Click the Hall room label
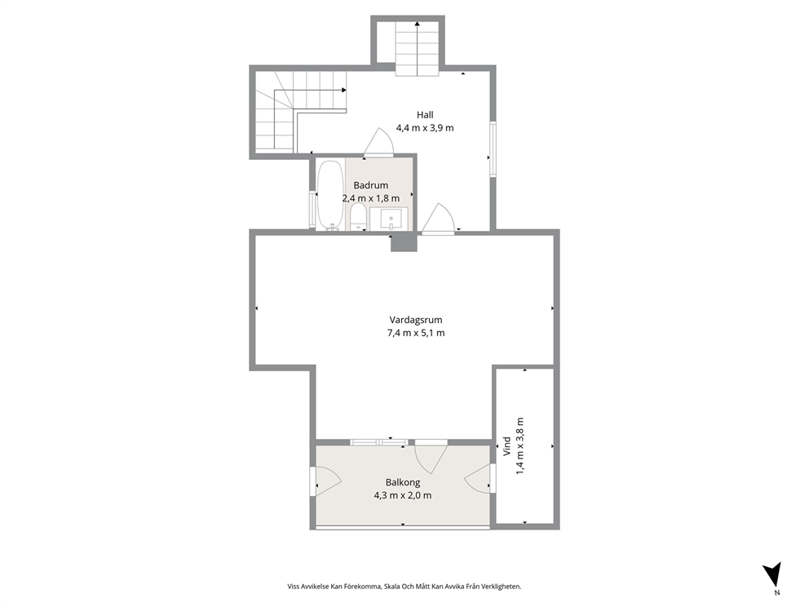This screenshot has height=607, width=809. [425, 115]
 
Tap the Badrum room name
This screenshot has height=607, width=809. [370, 185]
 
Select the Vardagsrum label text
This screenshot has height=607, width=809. [416, 320]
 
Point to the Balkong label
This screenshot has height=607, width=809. [403, 483]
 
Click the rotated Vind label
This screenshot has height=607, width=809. [507, 447]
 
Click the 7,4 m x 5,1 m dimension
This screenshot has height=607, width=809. [416, 333]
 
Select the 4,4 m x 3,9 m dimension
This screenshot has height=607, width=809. [425, 128]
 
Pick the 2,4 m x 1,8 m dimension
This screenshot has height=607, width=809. [371, 198]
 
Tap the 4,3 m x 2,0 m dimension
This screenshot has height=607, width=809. [403, 495]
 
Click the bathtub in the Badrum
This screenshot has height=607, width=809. [330, 195]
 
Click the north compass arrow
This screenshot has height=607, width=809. [772, 574]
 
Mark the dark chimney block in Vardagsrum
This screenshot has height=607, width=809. [404, 242]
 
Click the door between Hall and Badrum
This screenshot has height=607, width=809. [378, 143]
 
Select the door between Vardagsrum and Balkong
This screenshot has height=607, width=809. [431, 458]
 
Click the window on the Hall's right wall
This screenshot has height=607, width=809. [493, 149]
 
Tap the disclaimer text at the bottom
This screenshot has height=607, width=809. [404, 587]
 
